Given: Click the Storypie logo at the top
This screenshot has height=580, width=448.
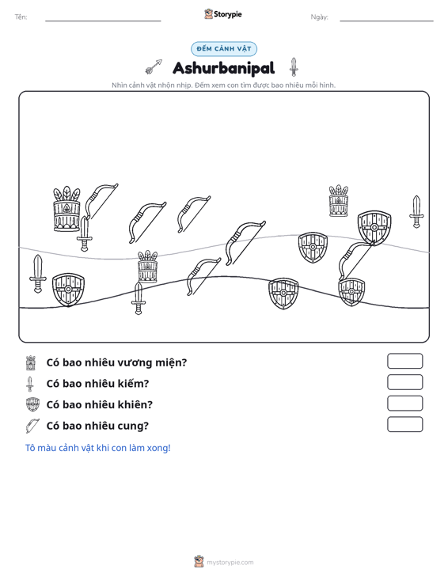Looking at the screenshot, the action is [223, 14].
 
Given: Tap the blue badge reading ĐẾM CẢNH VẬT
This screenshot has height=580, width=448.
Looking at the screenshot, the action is [224, 49].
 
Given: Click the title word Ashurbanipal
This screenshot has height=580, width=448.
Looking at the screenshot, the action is [224, 68].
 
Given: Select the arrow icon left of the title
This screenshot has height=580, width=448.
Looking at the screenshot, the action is [154, 66].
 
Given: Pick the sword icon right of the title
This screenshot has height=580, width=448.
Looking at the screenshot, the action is [294, 67].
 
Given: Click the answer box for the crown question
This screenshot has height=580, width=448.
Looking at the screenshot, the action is [404, 361].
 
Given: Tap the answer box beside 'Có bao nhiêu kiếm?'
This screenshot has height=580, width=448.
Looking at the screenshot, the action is [404, 382].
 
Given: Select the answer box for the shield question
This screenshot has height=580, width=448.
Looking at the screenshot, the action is [404, 404].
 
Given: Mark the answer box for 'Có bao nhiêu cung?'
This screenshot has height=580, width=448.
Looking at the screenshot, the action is [404, 424].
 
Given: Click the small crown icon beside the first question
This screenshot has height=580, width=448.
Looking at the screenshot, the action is [31, 363].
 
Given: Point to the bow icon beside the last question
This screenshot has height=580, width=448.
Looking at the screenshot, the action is [32, 426].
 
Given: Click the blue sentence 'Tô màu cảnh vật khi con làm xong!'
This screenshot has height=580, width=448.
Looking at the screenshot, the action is [97, 448].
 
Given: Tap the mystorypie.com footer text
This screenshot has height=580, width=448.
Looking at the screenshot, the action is [230, 563].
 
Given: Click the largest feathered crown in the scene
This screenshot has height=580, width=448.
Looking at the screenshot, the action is [66, 209].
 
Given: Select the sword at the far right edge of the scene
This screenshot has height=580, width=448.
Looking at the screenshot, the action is [416, 212].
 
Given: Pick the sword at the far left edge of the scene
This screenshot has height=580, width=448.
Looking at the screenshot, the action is [38, 274].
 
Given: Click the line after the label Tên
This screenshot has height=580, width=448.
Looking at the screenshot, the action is [103, 21].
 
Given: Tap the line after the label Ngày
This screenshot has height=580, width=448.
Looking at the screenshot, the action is [386, 21].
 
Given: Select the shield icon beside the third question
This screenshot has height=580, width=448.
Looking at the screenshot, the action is [32, 404].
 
